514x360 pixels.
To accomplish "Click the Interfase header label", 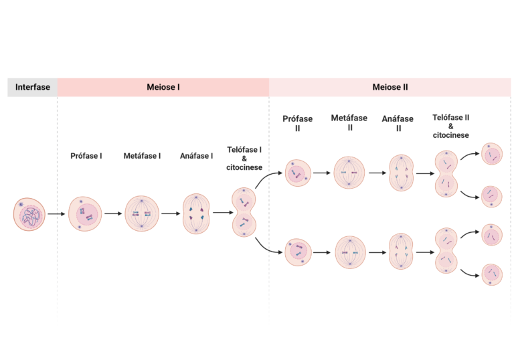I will [32, 87].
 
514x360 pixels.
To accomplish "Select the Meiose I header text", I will [163, 87].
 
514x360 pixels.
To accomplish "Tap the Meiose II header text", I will [390, 87].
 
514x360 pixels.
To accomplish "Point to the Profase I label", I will [86, 156].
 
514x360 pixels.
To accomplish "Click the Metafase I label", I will [141, 156].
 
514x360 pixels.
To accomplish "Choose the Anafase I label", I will [196, 156].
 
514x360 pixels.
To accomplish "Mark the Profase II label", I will [297, 122].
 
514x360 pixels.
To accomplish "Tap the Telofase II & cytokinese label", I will [450, 125].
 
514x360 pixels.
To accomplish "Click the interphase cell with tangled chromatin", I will [30, 215].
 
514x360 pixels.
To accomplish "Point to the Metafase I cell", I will [141, 214].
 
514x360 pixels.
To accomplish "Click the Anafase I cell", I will [196, 214].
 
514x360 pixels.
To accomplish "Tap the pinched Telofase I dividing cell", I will [244, 213].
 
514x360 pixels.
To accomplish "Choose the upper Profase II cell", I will [297, 173].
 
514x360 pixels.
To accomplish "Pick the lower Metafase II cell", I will [350, 253].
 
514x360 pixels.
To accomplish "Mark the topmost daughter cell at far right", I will [492, 154].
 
